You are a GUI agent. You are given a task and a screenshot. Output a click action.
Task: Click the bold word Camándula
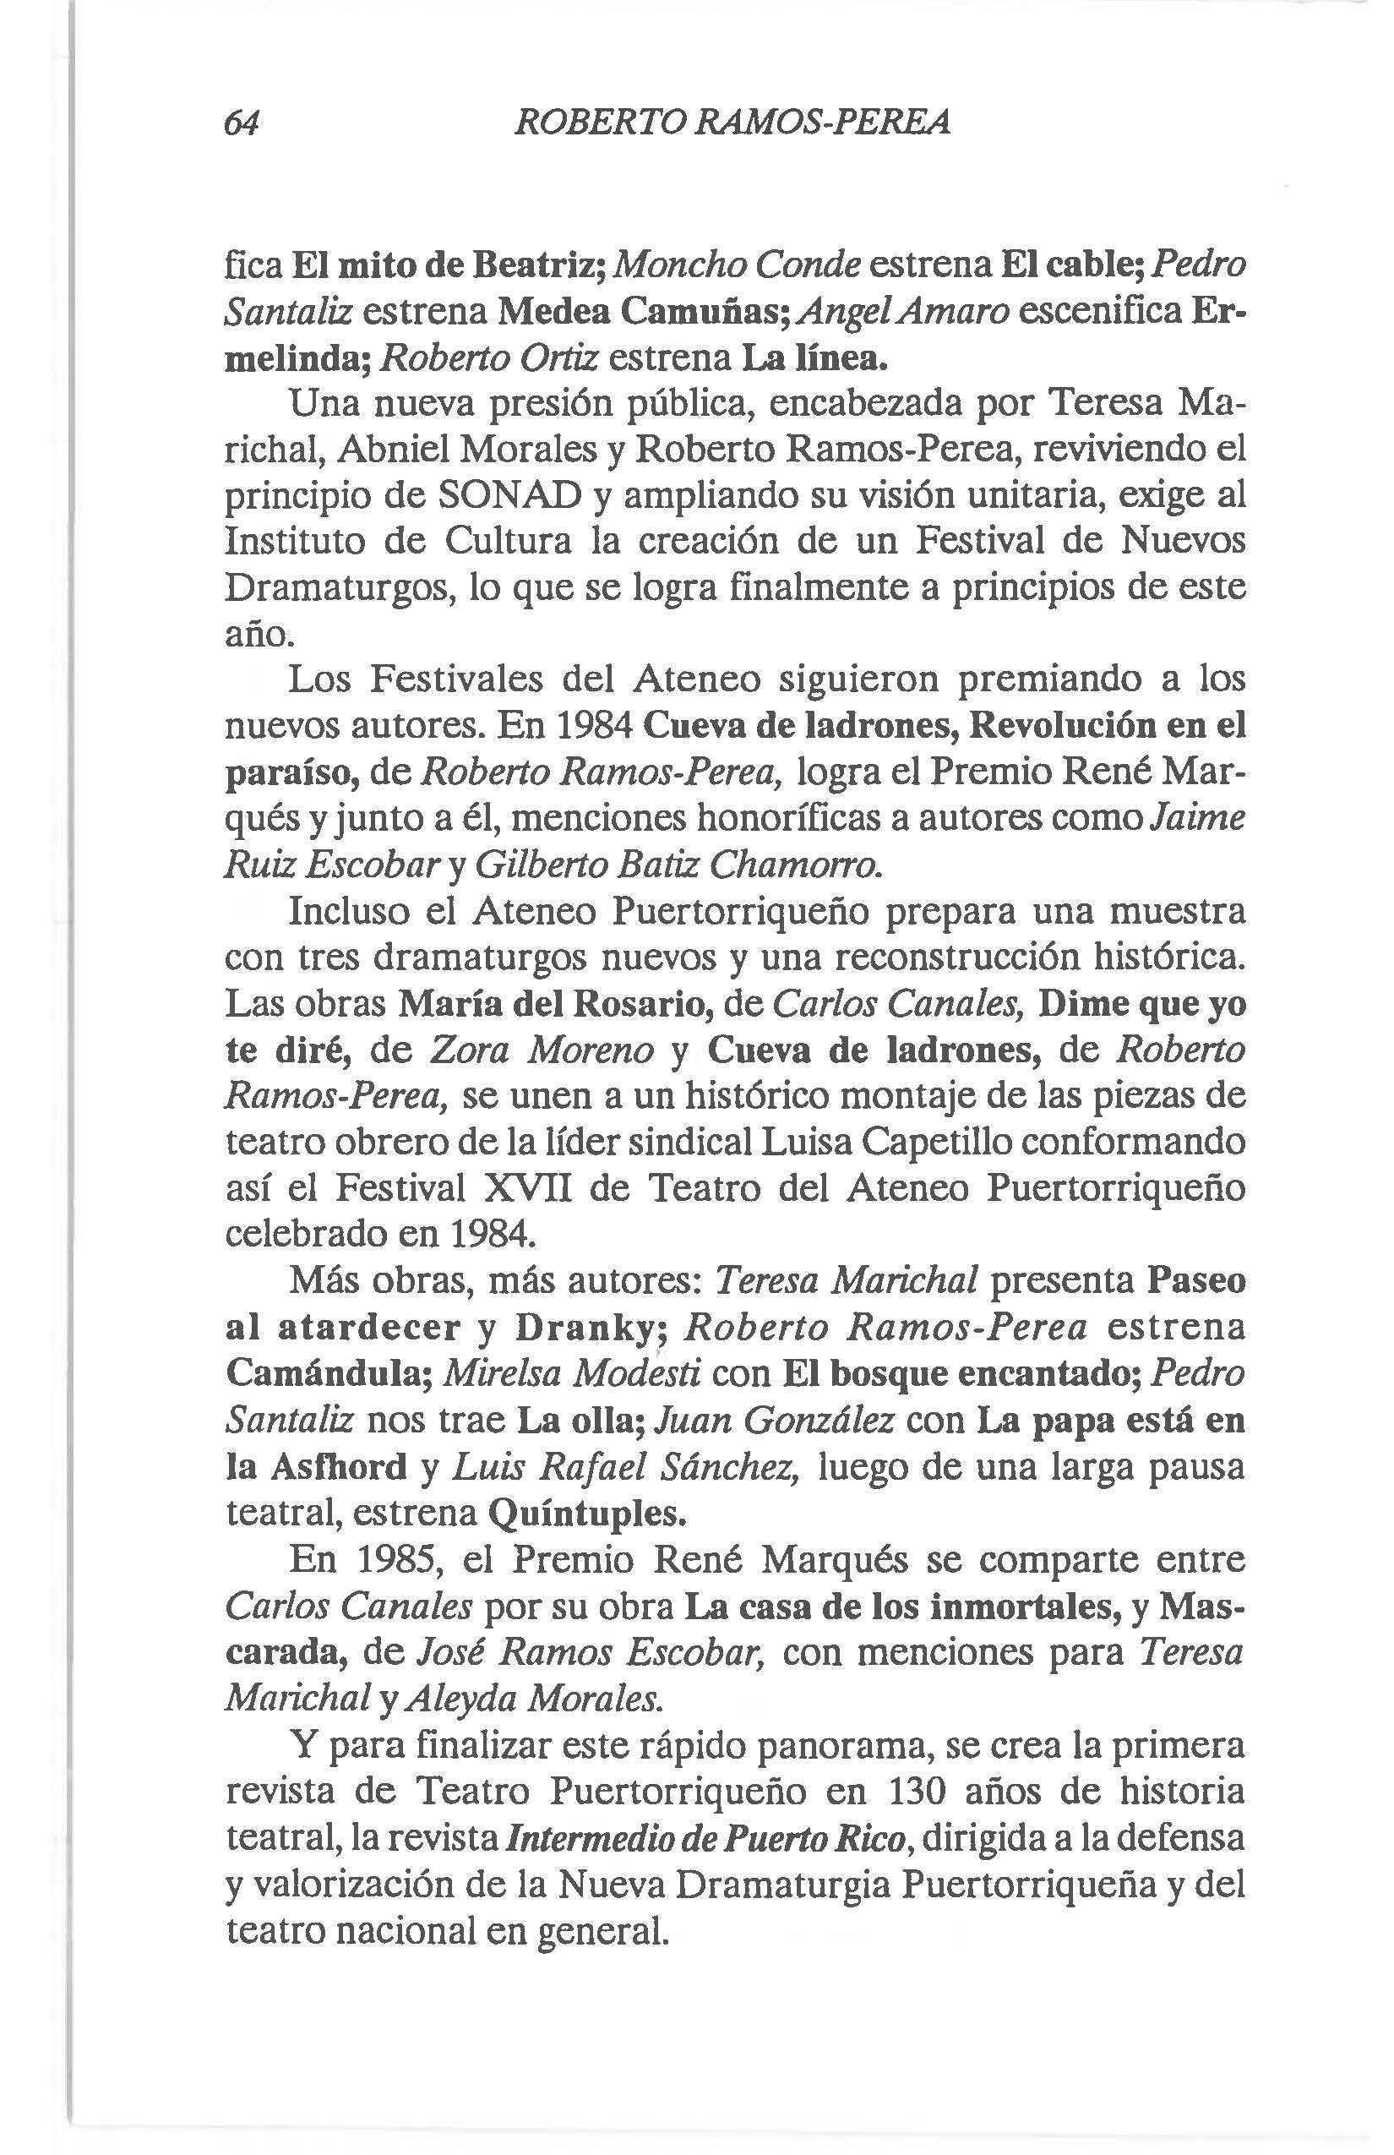click(326, 1373)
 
